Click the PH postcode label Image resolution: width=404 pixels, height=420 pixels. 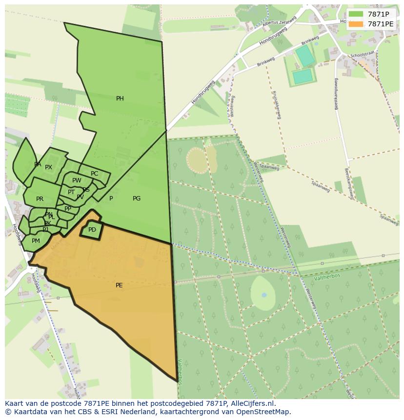(120, 99)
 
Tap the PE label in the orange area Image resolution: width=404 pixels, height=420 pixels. (119, 285)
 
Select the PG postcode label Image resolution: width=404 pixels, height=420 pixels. (137, 199)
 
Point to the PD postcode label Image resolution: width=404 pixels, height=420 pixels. (92, 230)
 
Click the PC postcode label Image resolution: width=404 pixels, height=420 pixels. (94, 174)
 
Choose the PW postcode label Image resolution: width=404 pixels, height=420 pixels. (77, 180)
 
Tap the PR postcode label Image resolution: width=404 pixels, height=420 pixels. (40, 199)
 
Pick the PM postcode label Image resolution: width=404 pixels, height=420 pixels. (36, 241)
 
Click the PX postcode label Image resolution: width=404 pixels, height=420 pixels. (48, 167)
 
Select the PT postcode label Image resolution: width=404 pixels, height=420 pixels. (71, 192)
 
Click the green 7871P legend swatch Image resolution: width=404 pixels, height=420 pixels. (356, 14)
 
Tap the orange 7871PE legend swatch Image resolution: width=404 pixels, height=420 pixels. (356, 24)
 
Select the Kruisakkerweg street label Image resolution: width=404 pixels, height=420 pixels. (278, 105)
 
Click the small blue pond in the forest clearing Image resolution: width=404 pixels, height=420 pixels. (264, 295)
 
